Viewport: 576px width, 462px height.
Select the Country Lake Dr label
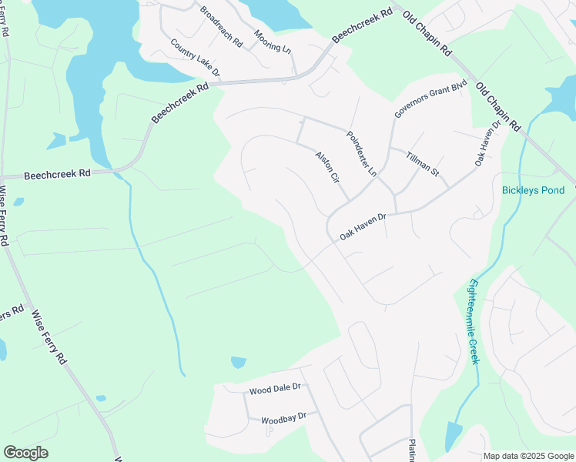[x=196, y=58]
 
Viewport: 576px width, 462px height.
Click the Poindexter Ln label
[x=361, y=153]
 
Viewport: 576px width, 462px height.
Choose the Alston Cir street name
[x=327, y=167]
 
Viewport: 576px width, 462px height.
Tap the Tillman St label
[x=422, y=163]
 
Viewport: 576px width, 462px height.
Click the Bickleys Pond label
[x=533, y=190]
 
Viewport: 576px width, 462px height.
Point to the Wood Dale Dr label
[x=274, y=390]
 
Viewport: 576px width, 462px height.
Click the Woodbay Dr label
[x=283, y=419]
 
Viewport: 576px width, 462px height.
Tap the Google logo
[x=25, y=453]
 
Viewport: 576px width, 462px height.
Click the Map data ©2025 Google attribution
[x=529, y=456]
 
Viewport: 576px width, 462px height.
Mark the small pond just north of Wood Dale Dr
[x=238, y=362]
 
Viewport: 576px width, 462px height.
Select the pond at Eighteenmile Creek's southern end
[x=454, y=437]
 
